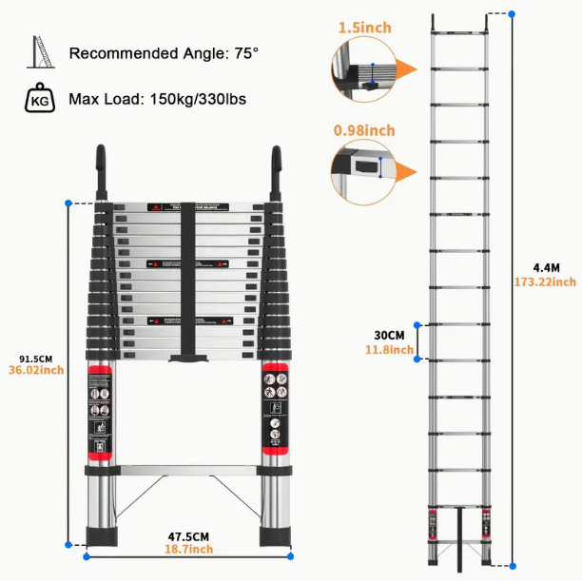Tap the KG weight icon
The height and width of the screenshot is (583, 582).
point(40,98)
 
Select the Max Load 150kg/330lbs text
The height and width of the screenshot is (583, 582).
point(158,99)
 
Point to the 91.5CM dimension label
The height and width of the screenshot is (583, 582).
point(35,359)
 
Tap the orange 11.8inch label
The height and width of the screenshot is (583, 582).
point(389,350)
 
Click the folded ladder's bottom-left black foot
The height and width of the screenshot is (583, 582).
point(101,536)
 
